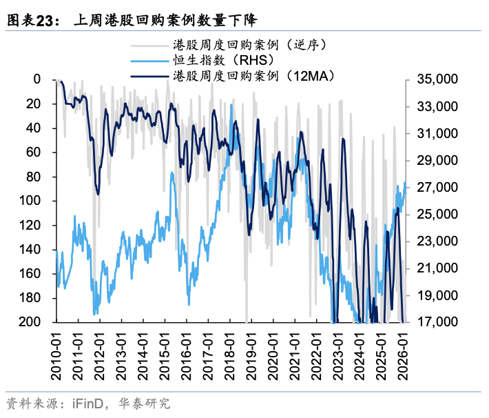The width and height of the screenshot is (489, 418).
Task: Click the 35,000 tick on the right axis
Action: pyautogui.click(x=437, y=79)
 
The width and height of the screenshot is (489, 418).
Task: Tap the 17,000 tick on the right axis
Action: pyautogui.click(x=437, y=322)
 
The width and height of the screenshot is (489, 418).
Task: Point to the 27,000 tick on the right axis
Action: pyautogui.click(x=437, y=188)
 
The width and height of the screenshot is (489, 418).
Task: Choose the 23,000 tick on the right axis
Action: pyautogui.click(x=437, y=241)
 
